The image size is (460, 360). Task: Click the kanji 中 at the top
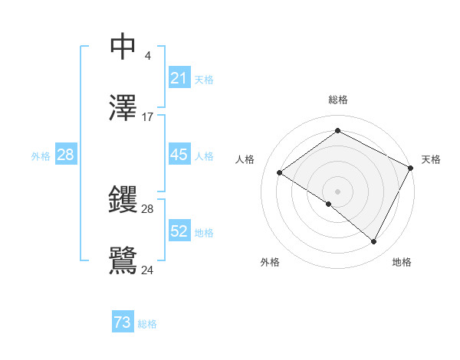tap(123, 47)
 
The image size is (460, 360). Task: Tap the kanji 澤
tap(123, 109)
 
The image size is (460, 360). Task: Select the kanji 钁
tap(123, 200)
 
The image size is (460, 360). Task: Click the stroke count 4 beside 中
tap(147, 56)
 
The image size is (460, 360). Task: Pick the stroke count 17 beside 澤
tap(148, 117)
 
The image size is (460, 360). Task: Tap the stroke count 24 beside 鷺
tap(148, 270)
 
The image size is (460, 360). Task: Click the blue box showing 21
tap(179, 78)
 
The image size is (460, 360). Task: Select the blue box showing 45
tap(179, 155)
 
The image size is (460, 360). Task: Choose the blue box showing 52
tap(179, 231)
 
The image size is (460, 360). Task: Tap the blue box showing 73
tap(123, 322)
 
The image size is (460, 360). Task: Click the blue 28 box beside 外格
tap(65, 155)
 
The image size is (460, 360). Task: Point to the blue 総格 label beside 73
tap(147, 324)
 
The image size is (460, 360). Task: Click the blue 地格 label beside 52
tap(204, 233)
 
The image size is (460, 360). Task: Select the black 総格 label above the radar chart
tap(338, 100)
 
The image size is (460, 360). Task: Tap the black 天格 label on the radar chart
tap(431, 159)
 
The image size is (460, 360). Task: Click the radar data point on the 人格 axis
tap(280, 172)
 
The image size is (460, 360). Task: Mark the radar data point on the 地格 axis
tap(374, 242)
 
